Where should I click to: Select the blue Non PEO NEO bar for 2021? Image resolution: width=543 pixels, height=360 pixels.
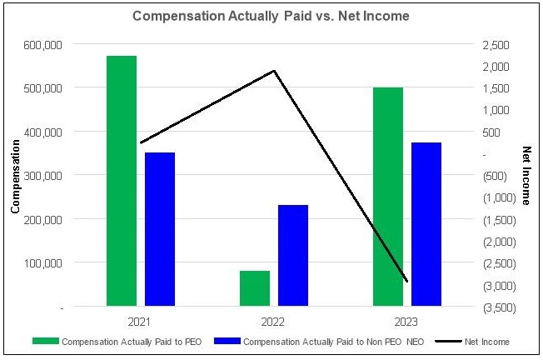[160, 229]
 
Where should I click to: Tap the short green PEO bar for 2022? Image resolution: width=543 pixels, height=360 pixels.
[255, 288]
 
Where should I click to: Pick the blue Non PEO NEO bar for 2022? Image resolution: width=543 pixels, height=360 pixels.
[293, 256]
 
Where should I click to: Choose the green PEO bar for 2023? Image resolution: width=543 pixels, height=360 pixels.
[388, 197]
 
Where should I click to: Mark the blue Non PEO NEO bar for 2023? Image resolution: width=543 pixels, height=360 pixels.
[426, 224]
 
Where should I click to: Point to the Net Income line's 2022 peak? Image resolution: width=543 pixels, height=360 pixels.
[274, 71]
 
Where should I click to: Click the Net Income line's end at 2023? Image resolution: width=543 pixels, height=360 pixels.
[407, 282]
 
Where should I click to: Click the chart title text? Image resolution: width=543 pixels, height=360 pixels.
[271, 16]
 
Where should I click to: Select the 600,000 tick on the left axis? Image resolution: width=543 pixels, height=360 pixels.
[42, 43]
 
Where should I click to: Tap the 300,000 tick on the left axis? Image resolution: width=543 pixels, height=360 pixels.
[42, 175]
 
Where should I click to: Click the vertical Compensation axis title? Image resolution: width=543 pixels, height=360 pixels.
[15, 175]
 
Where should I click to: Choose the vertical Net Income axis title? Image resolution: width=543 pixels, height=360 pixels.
[526, 175]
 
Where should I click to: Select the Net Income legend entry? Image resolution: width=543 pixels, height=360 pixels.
[487, 342]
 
